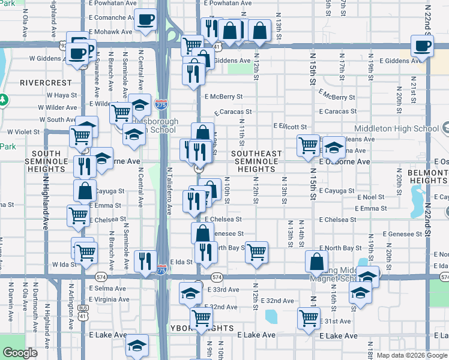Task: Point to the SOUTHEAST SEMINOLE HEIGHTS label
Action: (257, 161)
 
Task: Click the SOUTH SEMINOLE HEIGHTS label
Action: (46, 161)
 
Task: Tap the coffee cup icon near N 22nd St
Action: (423, 45)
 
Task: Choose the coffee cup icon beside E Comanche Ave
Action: (145, 20)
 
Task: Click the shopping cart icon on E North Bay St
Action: (256, 252)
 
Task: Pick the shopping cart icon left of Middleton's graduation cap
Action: (309, 144)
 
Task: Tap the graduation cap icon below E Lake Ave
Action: (137, 346)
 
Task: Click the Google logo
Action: (20, 353)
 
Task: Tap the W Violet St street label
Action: (23, 132)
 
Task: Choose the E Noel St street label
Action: (370, 197)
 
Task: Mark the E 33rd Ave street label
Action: (222, 289)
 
